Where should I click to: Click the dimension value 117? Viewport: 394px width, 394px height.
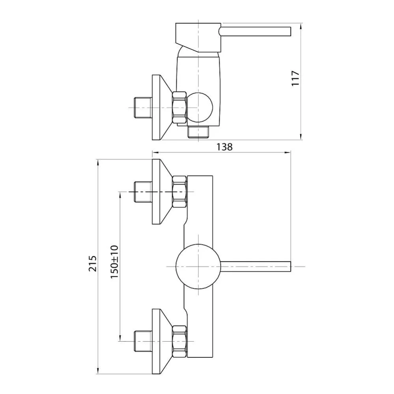point(296,78)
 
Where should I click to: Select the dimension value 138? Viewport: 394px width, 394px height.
point(224,147)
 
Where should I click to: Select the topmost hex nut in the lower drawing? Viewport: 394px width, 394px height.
point(179,192)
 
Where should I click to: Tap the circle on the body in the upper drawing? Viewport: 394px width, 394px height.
point(199,107)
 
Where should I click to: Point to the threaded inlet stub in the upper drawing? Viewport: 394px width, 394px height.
point(142,107)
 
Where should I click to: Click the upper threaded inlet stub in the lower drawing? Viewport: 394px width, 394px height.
point(142,192)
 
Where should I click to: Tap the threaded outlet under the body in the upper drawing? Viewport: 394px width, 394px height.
point(200,132)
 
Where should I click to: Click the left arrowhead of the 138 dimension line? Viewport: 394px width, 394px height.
point(155,152)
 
